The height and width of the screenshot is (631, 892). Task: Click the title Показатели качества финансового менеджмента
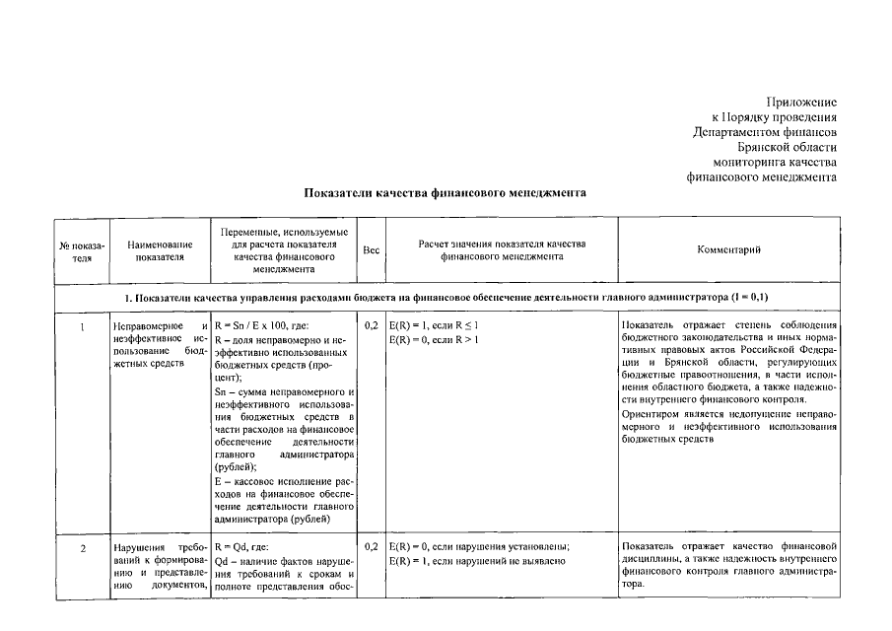tap(446, 193)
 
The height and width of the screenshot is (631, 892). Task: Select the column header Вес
tap(371, 250)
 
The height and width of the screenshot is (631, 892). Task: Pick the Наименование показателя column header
tap(159, 250)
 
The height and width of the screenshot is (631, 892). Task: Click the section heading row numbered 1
tap(446, 297)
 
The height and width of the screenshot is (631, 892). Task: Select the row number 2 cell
tap(83, 546)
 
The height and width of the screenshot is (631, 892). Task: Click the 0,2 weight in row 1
tap(371, 324)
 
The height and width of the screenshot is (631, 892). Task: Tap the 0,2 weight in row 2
tap(371, 546)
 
